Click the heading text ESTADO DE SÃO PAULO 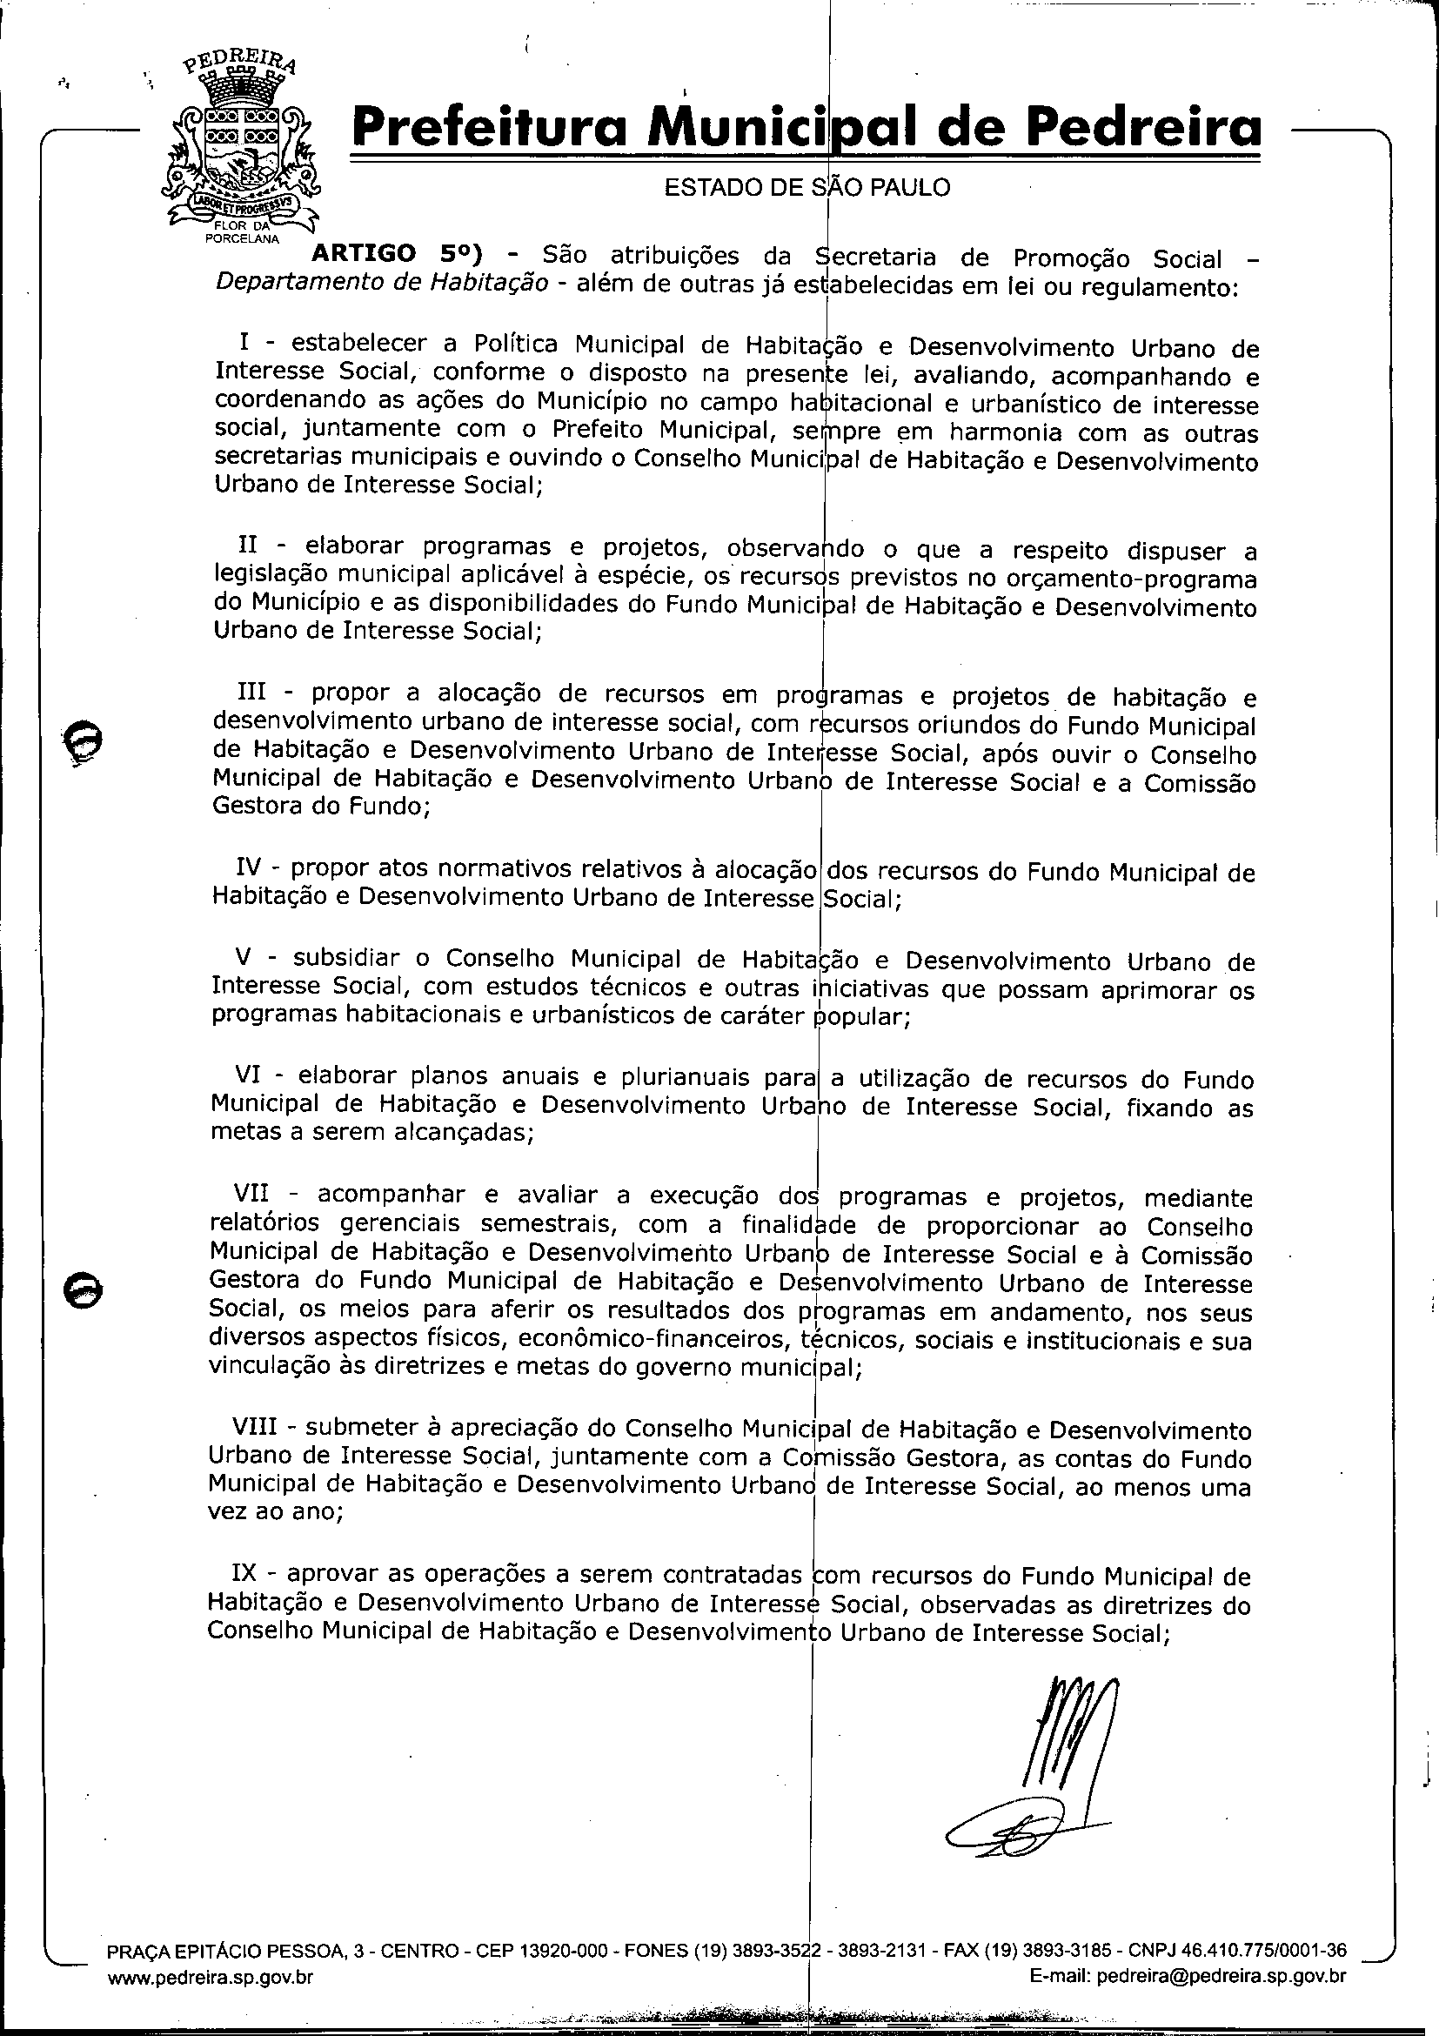807,188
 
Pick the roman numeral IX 244,1574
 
